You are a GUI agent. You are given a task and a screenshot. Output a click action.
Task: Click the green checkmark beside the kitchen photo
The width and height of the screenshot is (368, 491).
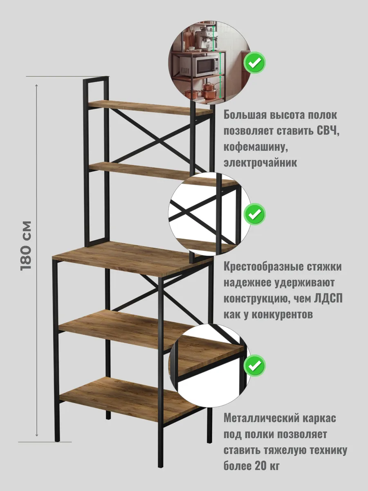pos(254,63)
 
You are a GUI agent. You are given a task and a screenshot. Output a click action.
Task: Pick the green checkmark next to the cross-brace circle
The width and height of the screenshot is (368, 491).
pos(254,214)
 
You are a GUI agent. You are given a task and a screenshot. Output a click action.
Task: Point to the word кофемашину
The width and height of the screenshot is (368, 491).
pos(256,147)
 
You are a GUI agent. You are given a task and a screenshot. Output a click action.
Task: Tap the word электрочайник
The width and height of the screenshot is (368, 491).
pos(260,162)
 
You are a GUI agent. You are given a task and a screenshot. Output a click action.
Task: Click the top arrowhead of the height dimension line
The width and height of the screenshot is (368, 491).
pos(37,86)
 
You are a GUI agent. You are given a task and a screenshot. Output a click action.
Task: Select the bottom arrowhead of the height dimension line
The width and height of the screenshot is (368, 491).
pos(37,435)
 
